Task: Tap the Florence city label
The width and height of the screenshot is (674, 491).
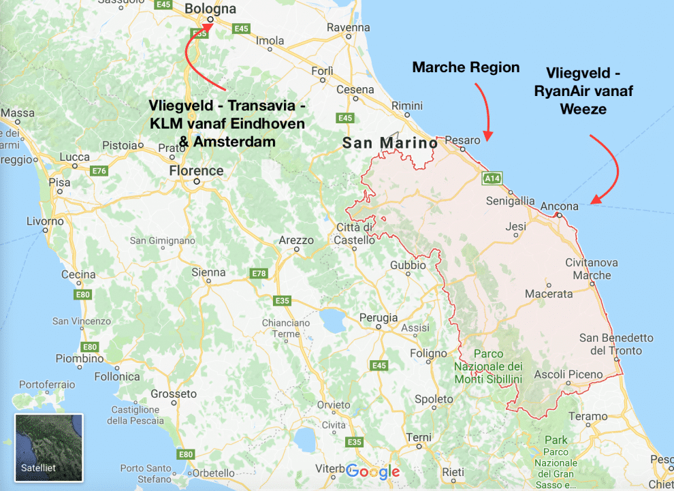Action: coord(196,170)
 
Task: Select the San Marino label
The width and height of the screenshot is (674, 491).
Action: coord(390,144)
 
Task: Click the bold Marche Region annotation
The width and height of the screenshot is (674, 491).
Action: coord(466,67)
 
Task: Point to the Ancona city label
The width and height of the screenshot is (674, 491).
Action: coord(559,206)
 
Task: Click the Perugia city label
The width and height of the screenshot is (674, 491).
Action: coord(379,318)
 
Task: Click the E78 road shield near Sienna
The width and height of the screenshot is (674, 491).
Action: coord(259,274)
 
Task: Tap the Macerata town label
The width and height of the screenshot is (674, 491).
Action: coord(549,294)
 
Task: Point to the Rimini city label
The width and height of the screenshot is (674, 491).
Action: coord(406,106)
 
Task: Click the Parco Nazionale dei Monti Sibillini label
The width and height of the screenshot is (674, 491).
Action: coord(488,366)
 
